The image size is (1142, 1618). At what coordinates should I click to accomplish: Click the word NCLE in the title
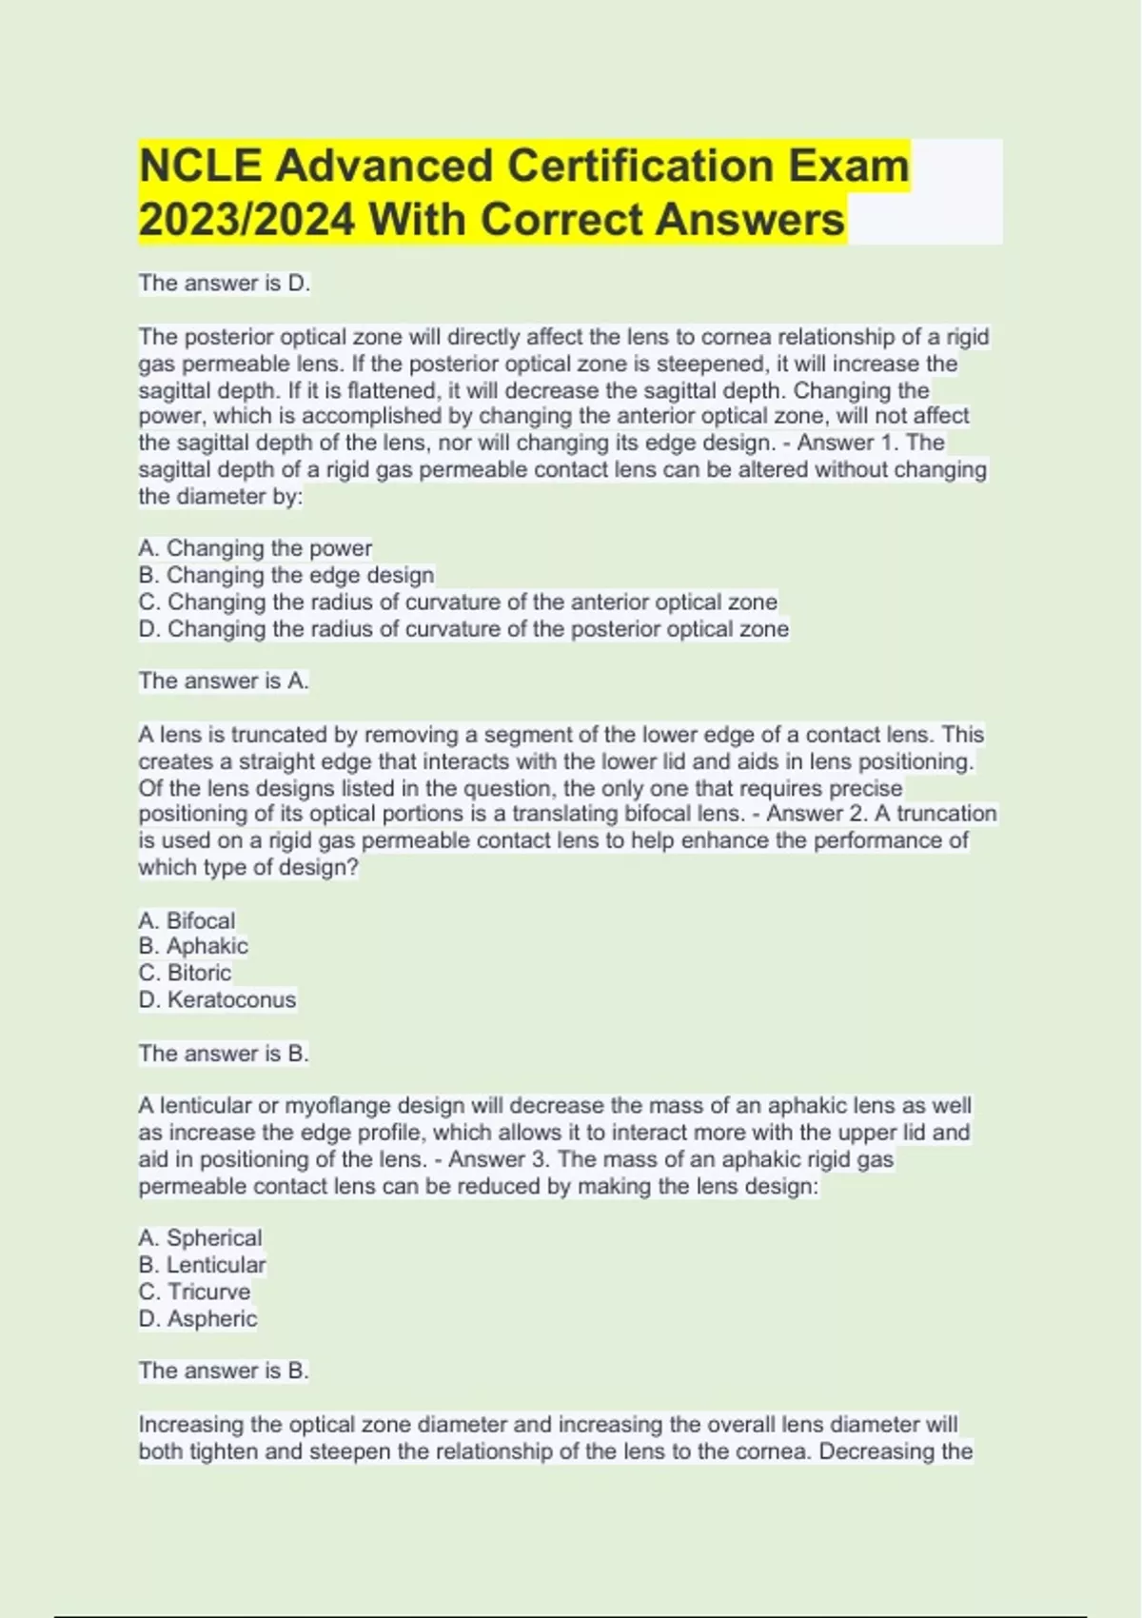click(x=200, y=166)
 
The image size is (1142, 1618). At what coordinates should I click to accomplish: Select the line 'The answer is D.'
click(x=224, y=283)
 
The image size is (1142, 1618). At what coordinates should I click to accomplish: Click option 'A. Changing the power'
click(x=255, y=548)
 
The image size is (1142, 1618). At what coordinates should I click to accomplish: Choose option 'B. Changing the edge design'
click(x=285, y=575)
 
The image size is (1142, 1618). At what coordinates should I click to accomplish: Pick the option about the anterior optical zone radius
click(x=457, y=602)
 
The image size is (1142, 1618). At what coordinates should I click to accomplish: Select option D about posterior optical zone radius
click(x=463, y=629)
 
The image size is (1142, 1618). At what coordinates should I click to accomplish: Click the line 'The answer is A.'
click(x=224, y=681)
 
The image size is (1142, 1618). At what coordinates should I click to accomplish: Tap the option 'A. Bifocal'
click(x=187, y=920)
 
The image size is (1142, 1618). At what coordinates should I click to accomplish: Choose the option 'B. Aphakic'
click(x=193, y=946)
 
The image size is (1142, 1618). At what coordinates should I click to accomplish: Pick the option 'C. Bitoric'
click(x=185, y=973)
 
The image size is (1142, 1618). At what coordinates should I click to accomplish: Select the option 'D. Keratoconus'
click(x=217, y=999)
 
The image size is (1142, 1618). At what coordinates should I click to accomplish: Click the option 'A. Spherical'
click(x=200, y=1237)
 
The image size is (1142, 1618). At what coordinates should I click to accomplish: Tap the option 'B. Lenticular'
click(x=202, y=1265)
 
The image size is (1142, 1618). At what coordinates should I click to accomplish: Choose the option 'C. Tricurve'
click(x=194, y=1292)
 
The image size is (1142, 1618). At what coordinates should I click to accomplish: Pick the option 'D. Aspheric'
click(x=198, y=1318)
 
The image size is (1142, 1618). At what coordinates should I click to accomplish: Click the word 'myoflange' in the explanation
click(x=338, y=1106)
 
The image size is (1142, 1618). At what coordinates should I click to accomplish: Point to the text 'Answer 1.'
click(x=848, y=443)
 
